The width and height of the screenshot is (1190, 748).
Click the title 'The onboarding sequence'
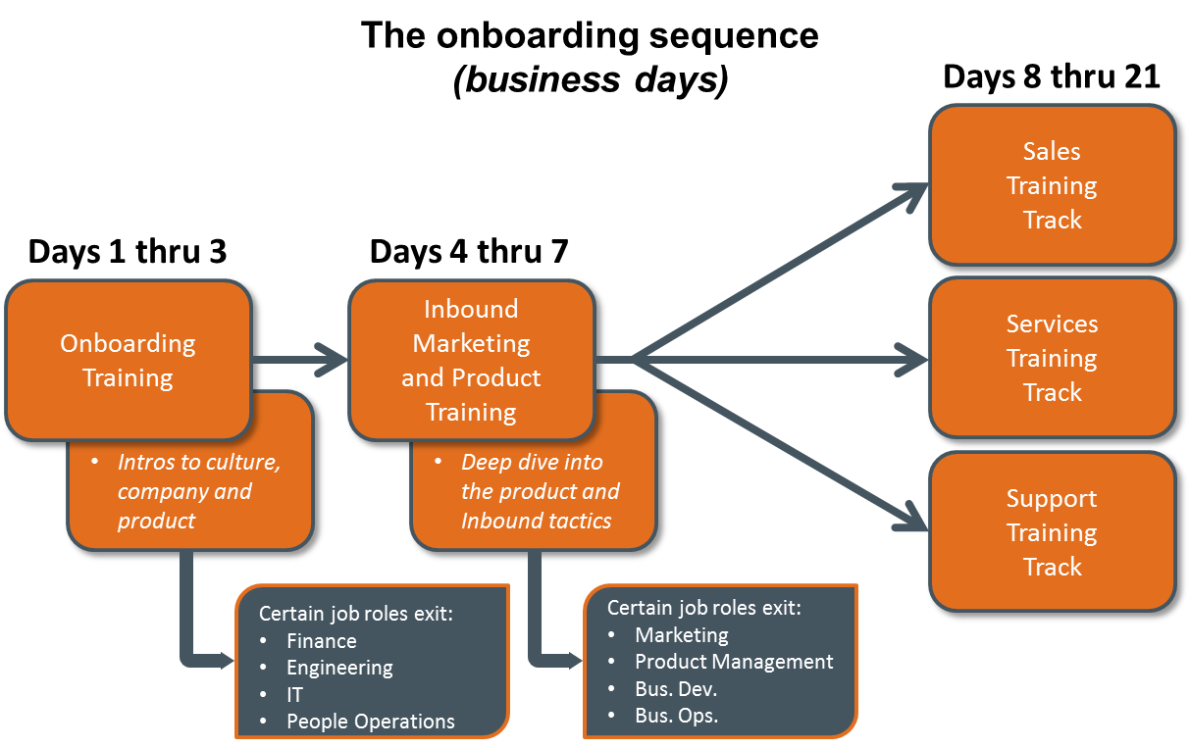pyautogui.click(x=590, y=36)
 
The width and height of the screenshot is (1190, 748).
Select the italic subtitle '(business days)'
pyautogui.click(x=591, y=80)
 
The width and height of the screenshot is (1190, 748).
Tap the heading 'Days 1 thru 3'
pyautogui.click(x=128, y=251)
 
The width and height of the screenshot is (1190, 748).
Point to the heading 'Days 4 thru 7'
pyautogui.click(x=469, y=251)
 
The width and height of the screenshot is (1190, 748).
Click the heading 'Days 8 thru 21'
pyautogui.click(x=1052, y=76)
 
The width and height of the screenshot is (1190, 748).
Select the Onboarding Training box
pyautogui.click(x=129, y=361)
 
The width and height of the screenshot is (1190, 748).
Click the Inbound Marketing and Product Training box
pyautogui.click(x=471, y=361)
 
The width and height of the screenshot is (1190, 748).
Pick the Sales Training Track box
pyautogui.click(x=1052, y=185)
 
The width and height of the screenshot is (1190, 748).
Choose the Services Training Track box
pyautogui.click(x=1052, y=358)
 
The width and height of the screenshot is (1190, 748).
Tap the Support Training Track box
pyautogui.click(x=1052, y=532)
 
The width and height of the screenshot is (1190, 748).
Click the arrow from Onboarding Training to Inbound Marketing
pyautogui.click(x=299, y=360)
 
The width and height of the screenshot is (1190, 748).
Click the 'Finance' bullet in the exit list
pyautogui.click(x=322, y=641)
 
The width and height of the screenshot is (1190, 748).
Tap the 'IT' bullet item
pyautogui.click(x=294, y=694)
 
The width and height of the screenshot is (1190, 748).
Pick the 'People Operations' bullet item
pyautogui.click(x=370, y=722)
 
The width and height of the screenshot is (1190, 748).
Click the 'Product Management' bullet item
pyautogui.click(x=734, y=662)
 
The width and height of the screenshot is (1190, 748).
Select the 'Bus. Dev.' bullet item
pyautogui.click(x=676, y=688)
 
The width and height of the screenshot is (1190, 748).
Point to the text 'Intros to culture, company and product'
pyautogui.click(x=199, y=491)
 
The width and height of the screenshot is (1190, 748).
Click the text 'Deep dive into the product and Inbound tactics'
pyautogui.click(x=541, y=491)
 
